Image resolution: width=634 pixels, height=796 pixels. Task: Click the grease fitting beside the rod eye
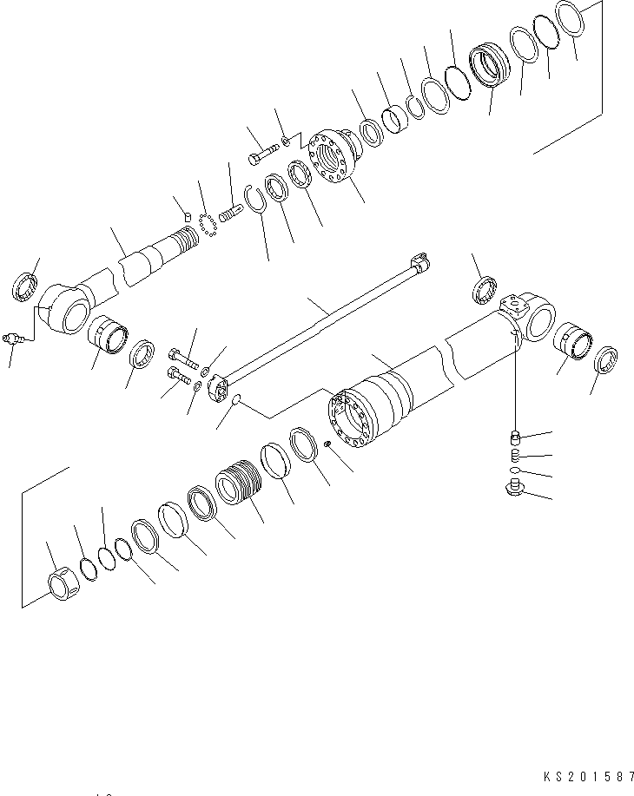16,338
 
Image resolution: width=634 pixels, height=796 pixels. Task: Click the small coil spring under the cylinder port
514,454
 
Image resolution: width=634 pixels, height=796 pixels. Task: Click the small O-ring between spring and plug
515,470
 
